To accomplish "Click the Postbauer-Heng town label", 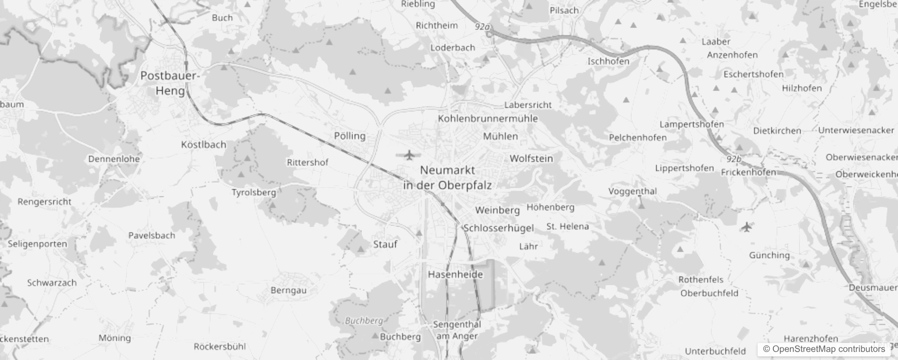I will point(170,83).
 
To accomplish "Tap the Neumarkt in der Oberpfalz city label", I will point(447,178).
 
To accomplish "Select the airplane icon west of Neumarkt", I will point(409,155).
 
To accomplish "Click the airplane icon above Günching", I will point(746,227).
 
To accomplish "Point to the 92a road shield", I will point(482,27).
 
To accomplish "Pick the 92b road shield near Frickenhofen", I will point(733,159).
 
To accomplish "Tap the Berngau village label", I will point(288,290).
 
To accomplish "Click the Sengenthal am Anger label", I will point(457,330).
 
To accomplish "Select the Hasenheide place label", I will point(455,274).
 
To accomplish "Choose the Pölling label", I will point(350,136).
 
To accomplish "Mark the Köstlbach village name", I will point(203,144).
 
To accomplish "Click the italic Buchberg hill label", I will point(364,320).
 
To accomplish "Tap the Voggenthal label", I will point(633,191).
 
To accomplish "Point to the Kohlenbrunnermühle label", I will point(488,118).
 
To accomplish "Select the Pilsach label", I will point(564,10).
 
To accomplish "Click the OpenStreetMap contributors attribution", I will point(824,349).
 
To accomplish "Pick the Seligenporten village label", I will point(37,244).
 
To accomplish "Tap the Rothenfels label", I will point(701,279).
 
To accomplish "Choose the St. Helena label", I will point(567,226).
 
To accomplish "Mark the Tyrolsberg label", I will point(254,193).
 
